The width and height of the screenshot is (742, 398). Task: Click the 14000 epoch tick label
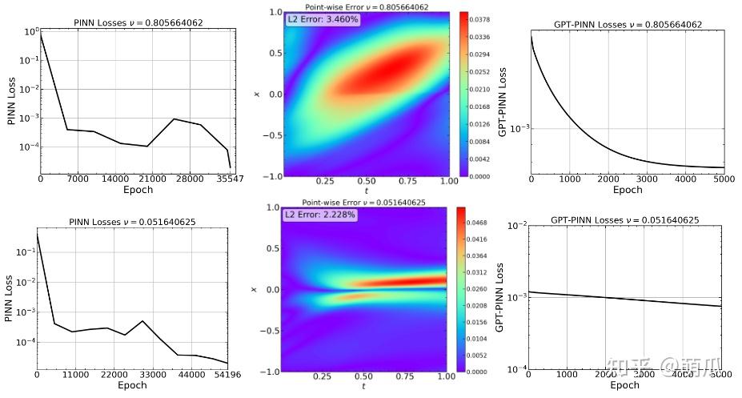pos(116,179)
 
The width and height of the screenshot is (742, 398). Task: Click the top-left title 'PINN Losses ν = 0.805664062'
pos(133,22)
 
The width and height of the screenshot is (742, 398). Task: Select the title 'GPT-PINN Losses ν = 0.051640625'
pos(626,219)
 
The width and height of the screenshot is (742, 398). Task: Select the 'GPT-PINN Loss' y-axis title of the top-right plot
pos(503,102)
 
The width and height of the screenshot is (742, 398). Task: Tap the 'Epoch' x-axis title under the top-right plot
pos(628,190)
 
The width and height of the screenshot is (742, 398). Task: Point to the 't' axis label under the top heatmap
pos(365,191)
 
